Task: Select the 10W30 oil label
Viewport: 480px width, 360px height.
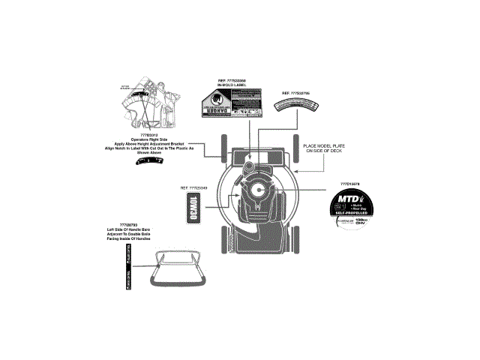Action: pos(194,204)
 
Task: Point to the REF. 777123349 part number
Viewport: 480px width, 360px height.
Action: pos(193,187)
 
